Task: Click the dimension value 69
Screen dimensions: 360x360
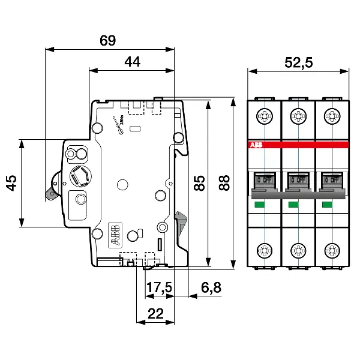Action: coord(107,41)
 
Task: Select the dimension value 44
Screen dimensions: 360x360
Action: coord(133,61)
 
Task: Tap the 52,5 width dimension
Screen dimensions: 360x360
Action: coord(299,62)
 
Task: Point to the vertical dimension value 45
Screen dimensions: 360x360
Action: coord(11,183)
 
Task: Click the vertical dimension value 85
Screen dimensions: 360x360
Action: coord(200,182)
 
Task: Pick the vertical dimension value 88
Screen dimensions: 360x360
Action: coord(224,182)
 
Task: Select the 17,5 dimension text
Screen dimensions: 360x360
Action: coord(160,288)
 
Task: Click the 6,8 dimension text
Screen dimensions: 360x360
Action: coord(211,288)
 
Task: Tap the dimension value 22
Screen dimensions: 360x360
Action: coord(156,313)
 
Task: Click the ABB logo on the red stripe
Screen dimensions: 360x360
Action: coord(255,145)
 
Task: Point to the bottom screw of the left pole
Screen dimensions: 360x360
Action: coord(264,251)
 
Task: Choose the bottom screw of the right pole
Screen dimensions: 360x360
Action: coord(332,251)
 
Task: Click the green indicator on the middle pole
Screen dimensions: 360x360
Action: coord(294,205)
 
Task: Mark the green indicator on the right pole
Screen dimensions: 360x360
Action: coord(328,205)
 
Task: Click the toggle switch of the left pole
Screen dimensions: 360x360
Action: coord(264,178)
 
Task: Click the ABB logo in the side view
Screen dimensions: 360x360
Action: coord(114,235)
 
